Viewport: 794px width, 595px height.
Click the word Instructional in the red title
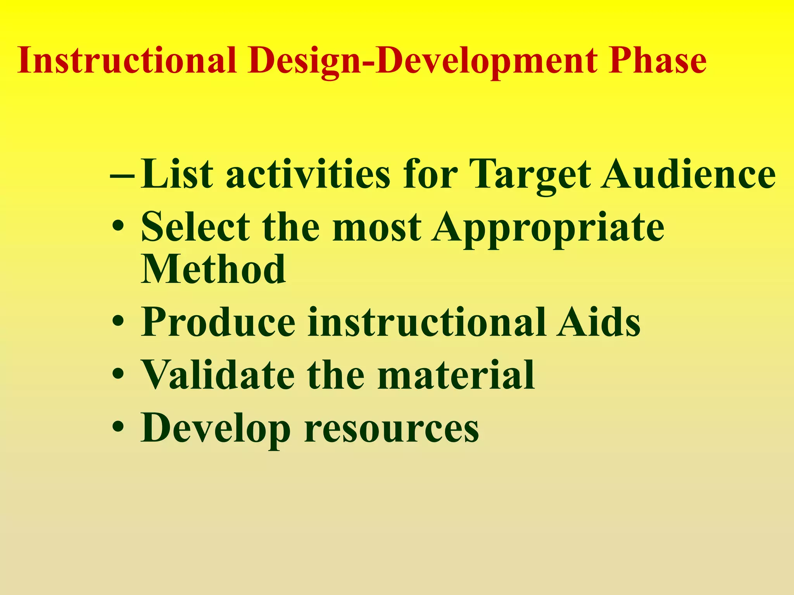point(127,60)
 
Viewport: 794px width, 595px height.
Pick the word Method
point(213,269)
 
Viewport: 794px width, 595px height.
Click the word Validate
point(217,375)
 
